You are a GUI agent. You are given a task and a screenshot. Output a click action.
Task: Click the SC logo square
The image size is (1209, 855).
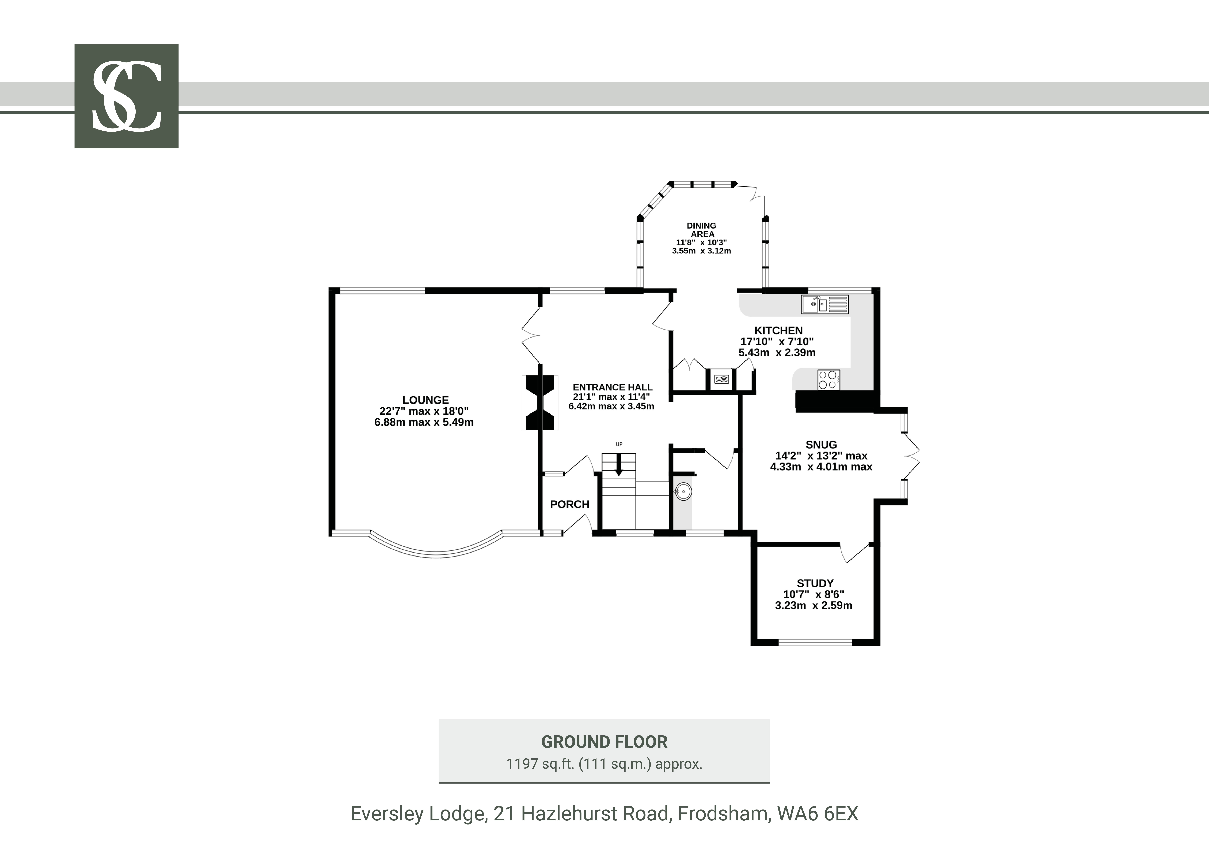point(126,96)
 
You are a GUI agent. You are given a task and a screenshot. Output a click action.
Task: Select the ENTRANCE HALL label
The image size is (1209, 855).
point(612,387)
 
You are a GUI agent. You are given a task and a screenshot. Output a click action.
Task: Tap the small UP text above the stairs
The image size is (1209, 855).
point(619,444)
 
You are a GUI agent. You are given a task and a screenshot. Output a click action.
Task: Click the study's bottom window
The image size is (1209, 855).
point(815,642)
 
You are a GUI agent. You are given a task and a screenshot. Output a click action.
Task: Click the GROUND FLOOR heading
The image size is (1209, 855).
point(604,742)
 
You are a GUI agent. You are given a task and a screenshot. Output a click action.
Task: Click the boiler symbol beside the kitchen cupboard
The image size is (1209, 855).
point(721,378)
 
